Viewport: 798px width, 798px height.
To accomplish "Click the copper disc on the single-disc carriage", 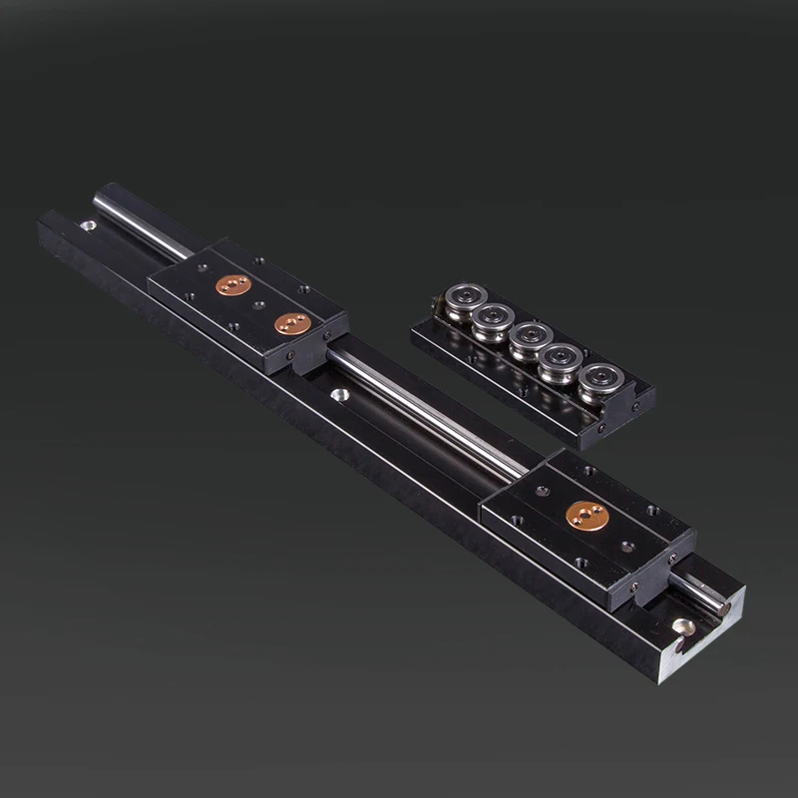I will pos(587,515).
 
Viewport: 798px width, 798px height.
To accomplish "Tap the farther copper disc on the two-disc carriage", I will pos(233,286).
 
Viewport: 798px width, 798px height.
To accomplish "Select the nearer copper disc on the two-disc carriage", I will pos(292,322).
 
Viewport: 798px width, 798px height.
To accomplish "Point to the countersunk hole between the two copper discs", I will pos(260,303).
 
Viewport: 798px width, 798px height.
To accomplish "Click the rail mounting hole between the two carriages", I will pos(340,396).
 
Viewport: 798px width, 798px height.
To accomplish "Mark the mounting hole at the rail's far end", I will pos(88,225).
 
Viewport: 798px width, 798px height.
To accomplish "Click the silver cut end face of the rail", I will pos(710,638).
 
